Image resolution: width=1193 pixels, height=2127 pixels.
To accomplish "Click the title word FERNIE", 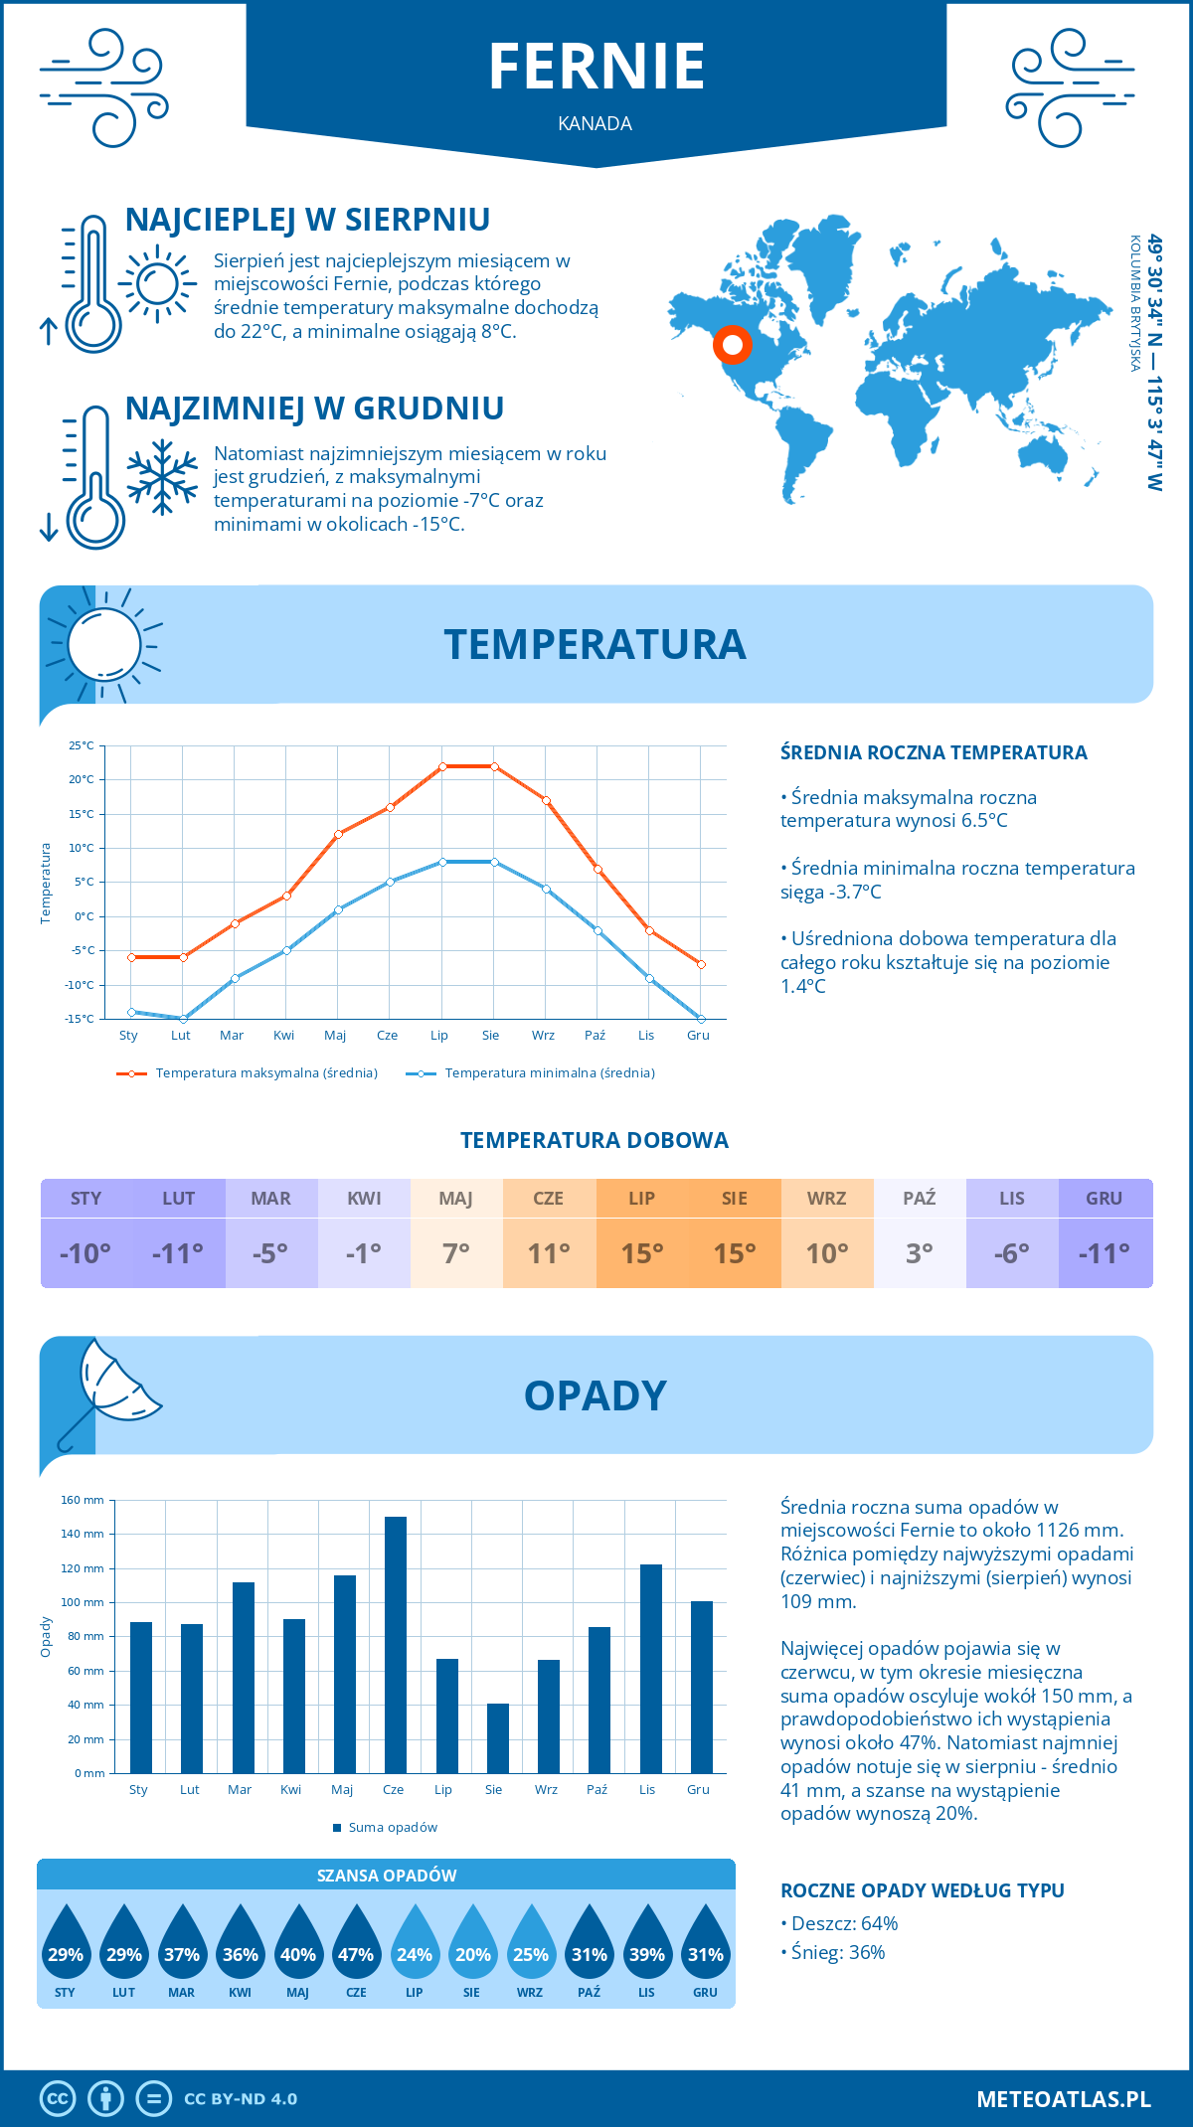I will coord(596,67).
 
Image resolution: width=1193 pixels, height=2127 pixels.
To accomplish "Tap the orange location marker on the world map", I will coord(733,345).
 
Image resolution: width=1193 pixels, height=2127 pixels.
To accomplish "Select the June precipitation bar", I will coord(395,1645).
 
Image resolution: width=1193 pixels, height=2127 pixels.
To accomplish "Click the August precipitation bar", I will coord(497,1738).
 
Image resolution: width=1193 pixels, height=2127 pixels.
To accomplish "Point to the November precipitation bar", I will coord(650,1669).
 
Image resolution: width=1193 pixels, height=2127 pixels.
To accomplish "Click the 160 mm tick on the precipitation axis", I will coord(84,1500).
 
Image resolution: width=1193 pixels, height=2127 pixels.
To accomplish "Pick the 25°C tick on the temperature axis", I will coord(82,745).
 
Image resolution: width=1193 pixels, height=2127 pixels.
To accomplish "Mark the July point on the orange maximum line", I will coord(442,766).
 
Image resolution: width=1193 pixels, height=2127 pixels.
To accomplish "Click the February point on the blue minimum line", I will coord(183,1019).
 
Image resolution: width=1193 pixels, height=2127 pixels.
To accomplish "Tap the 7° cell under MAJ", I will coord(456,1253).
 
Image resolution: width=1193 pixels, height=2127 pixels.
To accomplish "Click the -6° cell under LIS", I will coord(1012,1253).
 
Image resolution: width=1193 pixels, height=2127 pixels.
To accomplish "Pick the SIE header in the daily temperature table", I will coord(735,1199).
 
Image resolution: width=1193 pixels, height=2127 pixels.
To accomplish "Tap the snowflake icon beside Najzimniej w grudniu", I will coord(162,477).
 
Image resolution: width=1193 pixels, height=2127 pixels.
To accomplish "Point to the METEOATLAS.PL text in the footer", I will coord(1064,2099).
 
